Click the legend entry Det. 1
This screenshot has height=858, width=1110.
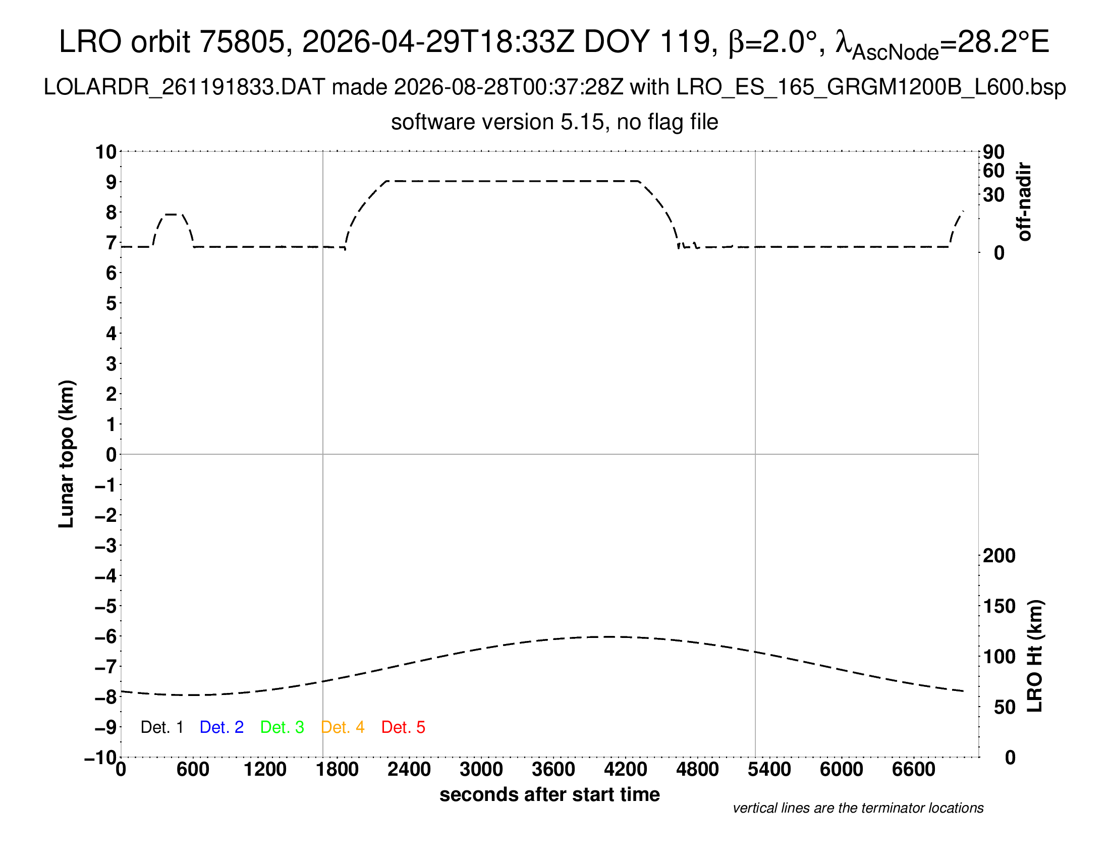(161, 727)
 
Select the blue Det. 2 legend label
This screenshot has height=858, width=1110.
(221, 727)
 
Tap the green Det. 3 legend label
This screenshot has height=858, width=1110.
(282, 727)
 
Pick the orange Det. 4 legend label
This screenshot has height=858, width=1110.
(343, 727)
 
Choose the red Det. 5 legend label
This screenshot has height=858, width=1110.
(403, 727)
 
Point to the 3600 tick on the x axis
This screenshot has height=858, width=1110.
(553, 770)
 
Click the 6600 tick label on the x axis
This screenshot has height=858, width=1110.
(914, 770)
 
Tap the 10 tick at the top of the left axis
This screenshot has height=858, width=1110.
(106, 152)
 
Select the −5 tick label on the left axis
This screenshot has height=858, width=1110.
(106, 606)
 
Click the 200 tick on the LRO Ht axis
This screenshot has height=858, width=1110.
(999, 556)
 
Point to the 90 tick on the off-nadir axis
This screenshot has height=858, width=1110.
(993, 152)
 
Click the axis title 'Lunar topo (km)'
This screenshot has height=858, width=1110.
(67, 454)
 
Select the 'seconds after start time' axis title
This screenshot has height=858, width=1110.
(549, 794)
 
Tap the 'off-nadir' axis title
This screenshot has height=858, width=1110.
(1024, 202)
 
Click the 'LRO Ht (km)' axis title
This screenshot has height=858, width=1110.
(1035, 656)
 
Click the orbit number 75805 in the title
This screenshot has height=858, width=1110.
(247, 41)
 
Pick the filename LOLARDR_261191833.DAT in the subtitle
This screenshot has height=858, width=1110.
(184, 87)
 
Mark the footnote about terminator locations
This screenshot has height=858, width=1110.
(858, 808)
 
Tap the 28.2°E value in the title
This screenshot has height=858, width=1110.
(1004, 41)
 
